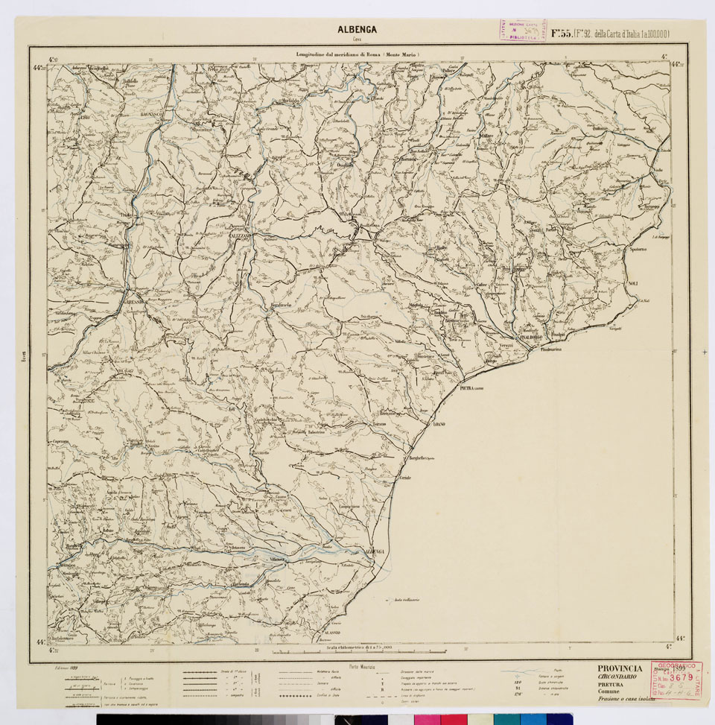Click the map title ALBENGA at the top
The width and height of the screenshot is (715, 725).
357,30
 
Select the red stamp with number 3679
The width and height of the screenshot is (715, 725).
676,680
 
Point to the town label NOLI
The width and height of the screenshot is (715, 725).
633,284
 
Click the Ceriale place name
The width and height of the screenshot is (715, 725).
404,477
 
